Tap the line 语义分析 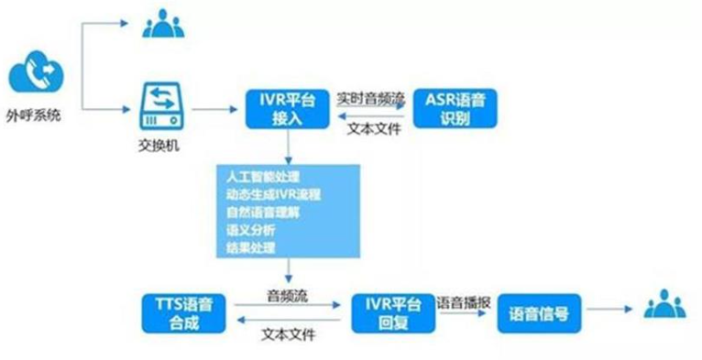[247, 231]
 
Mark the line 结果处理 [247, 249]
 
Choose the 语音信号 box [539, 313]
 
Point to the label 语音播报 [463, 301]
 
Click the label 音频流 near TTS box [285, 297]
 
